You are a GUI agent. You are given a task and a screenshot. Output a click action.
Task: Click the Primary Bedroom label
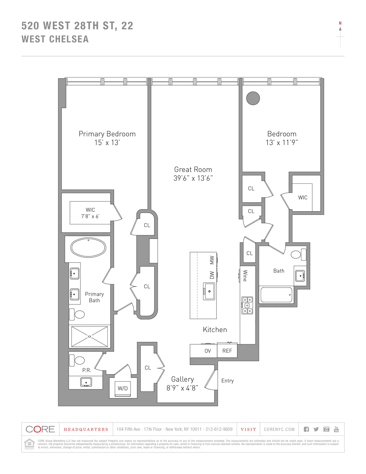pyautogui.click(x=107, y=134)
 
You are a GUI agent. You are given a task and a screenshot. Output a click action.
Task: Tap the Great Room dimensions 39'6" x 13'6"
pyautogui.click(x=193, y=178)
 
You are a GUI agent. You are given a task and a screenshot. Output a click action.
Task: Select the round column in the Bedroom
pyautogui.click(x=253, y=98)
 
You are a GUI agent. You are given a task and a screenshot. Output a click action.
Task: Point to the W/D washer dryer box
pyautogui.click(x=123, y=389)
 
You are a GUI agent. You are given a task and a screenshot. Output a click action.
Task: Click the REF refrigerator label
pyautogui.click(x=227, y=351)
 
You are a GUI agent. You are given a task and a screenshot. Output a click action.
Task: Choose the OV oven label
pyautogui.click(x=207, y=351)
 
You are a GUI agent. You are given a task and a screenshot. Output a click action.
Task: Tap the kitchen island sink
pyautogui.click(x=209, y=291)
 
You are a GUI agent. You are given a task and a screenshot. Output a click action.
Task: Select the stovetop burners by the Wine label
pyautogui.click(x=247, y=305)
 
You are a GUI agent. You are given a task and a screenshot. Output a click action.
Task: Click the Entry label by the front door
pyautogui.click(x=228, y=381)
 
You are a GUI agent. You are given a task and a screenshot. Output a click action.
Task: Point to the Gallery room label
pyautogui.click(x=182, y=379)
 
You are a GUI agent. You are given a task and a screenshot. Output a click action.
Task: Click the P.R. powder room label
pyautogui.click(x=87, y=370)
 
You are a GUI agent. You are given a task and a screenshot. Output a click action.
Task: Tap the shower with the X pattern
pyautogui.click(x=89, y=336)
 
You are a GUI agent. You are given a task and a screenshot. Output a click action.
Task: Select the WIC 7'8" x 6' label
pyautogui.click(x=90, y=213)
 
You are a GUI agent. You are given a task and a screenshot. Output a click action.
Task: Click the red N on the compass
pyautogui.click(x=340, y=23)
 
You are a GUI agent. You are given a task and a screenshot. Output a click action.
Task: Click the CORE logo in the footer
pyautogui.click(x=40, y=429)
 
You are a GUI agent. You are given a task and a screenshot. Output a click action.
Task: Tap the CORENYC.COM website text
pyautogui.click(x=279, y=429)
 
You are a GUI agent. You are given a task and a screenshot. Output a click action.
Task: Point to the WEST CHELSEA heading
pyautogui.click(x=55, y=39)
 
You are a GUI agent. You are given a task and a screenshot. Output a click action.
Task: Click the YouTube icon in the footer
pyautogui.click(x=336, y=429)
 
